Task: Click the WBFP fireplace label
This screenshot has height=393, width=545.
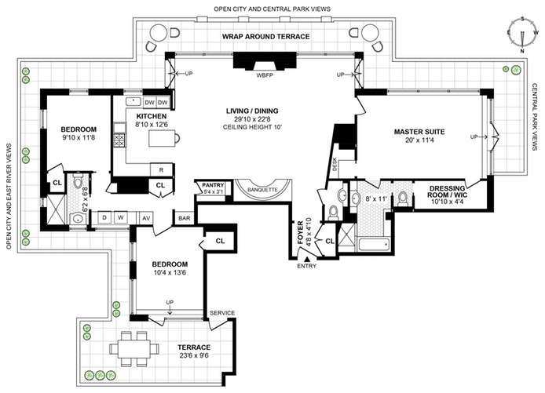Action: click(x=265, y=75)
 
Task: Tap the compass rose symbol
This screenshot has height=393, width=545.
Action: click(x=522, y=35)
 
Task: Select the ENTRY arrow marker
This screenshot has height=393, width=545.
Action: click(x=307, y=259)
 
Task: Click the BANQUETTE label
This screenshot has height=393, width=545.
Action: click(x=262, y=190)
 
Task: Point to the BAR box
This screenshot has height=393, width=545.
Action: click(x=185, y=218)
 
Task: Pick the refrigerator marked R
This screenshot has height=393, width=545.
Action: click(x=161, y=169)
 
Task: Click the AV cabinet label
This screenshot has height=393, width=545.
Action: click(x=146, y=218)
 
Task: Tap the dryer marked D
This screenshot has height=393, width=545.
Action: click(x=104, y=217)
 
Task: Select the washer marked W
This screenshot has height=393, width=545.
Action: click(x=121, y=217)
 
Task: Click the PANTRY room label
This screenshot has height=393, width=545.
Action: click(x=213, y=185)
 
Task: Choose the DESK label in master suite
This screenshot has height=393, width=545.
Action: click(x=335, y=164)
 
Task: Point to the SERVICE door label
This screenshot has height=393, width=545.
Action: click(x=222, y=313)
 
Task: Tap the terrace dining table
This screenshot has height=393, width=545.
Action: click(x=134, y=348)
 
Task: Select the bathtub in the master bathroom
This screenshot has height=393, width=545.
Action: click(x=374, y=245)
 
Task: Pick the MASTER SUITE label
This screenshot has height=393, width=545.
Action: click(x=419, y=132)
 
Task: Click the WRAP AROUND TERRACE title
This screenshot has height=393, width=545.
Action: click(x=266, y=36)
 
